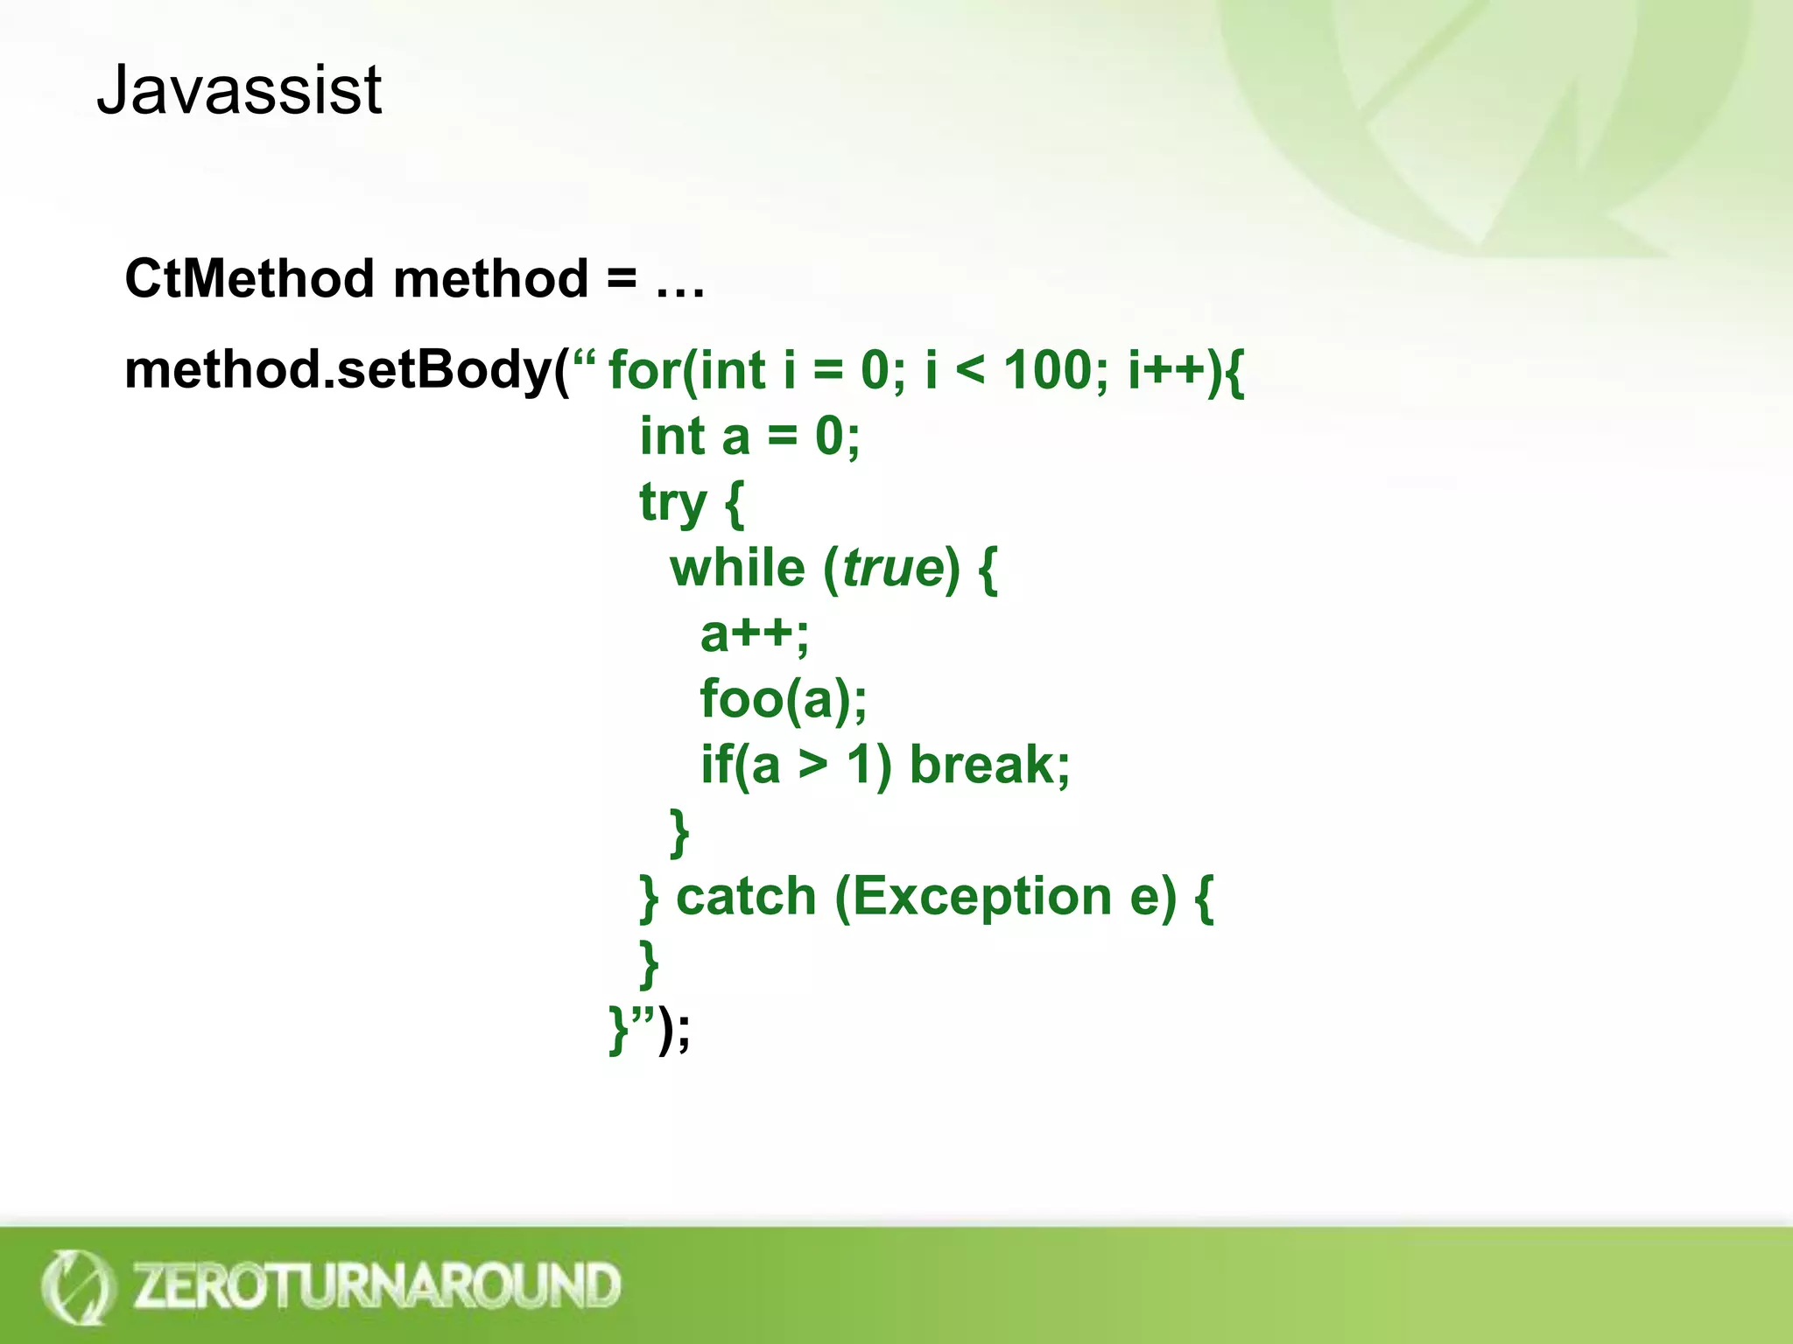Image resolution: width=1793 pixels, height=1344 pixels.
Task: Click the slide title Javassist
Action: coord(239,90)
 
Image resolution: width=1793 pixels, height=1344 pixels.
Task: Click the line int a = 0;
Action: coord(749,437)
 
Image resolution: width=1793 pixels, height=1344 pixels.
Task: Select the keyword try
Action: coord(672,503)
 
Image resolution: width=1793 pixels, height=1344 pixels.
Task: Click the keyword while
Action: coord(737,568)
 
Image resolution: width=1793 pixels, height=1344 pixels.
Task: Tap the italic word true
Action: coord(893,569)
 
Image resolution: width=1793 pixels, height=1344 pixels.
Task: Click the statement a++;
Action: coord(755,634)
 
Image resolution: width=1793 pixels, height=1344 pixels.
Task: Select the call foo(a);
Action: coord(784,700)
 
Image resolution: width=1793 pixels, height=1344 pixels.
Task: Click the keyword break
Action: coord(988,765)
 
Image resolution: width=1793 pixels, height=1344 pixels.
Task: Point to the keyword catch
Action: coord(746,897)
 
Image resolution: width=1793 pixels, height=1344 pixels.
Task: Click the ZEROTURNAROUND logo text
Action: coord(376,1285)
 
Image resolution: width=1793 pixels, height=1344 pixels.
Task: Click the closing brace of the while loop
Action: coord(679,832)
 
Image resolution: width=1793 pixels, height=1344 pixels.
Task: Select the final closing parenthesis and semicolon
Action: coord(675,1029)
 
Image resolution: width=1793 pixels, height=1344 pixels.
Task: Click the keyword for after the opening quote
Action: coord(643,370)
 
